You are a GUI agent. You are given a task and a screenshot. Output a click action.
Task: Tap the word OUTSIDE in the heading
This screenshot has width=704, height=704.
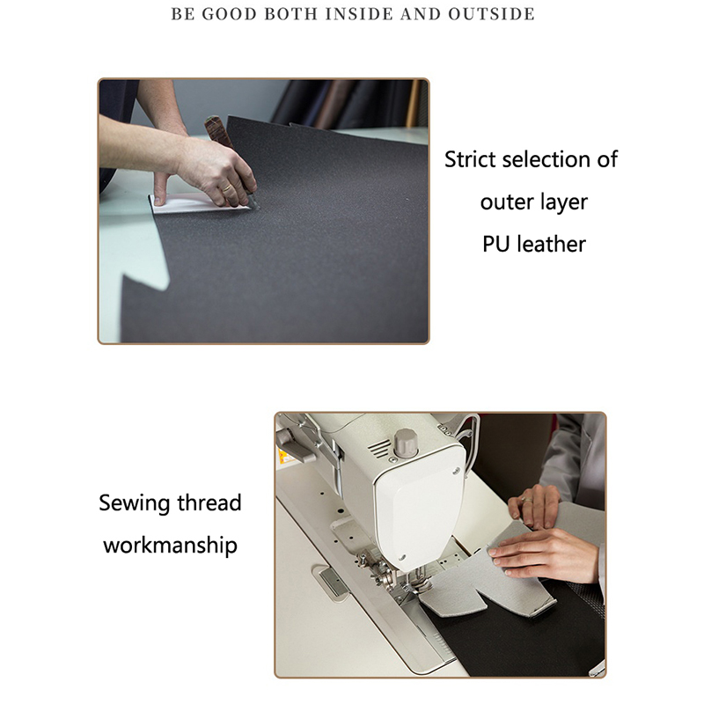tap(491, 14)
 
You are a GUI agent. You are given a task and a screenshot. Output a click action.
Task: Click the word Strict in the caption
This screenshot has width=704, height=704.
tap(469, 159)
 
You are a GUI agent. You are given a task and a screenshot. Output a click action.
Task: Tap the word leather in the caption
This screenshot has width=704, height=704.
tap(552, 245)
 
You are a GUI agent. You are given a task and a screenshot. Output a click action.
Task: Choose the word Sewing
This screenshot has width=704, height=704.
tap(135, 503)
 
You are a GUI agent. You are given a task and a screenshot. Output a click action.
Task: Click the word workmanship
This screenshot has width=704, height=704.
tap(170, 546)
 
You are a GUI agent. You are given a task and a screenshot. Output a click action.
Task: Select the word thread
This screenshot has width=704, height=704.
tap(209, 502)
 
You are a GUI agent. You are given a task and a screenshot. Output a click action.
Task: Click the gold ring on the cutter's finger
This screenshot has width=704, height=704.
tap(228, 188)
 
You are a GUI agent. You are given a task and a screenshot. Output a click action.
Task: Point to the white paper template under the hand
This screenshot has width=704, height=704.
tap(197, 203)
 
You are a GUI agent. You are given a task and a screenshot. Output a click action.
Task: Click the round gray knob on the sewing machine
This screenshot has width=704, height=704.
tap(406, 443)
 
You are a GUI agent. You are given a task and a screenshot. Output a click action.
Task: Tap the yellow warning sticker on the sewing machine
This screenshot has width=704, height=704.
tap(284, 457)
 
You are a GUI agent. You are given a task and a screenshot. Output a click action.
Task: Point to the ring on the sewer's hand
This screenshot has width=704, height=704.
tap(526, 499)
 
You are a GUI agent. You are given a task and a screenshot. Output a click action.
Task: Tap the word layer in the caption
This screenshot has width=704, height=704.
tap(563, 203)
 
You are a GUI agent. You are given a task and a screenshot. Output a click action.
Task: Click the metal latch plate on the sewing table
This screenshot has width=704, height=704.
tap(333, 583)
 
